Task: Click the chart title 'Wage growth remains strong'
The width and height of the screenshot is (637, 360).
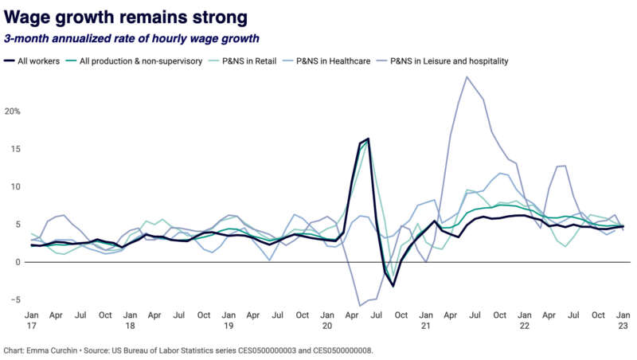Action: click(125, 16)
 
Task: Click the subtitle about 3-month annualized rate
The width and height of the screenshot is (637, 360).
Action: click(131, 38)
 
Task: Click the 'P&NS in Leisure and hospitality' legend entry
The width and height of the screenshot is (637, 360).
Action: click(448, 61)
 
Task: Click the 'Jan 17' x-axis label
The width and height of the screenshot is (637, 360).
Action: click(32, 321)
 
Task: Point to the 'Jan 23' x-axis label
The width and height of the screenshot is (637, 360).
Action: click(623, 321)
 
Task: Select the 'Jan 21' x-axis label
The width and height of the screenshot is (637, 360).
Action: click(427, 321)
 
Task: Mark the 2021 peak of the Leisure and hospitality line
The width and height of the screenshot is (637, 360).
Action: click(467, 77)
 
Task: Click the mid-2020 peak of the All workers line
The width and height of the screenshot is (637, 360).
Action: click(368, 139)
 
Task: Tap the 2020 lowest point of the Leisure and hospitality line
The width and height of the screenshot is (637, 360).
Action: click(360, 305)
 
